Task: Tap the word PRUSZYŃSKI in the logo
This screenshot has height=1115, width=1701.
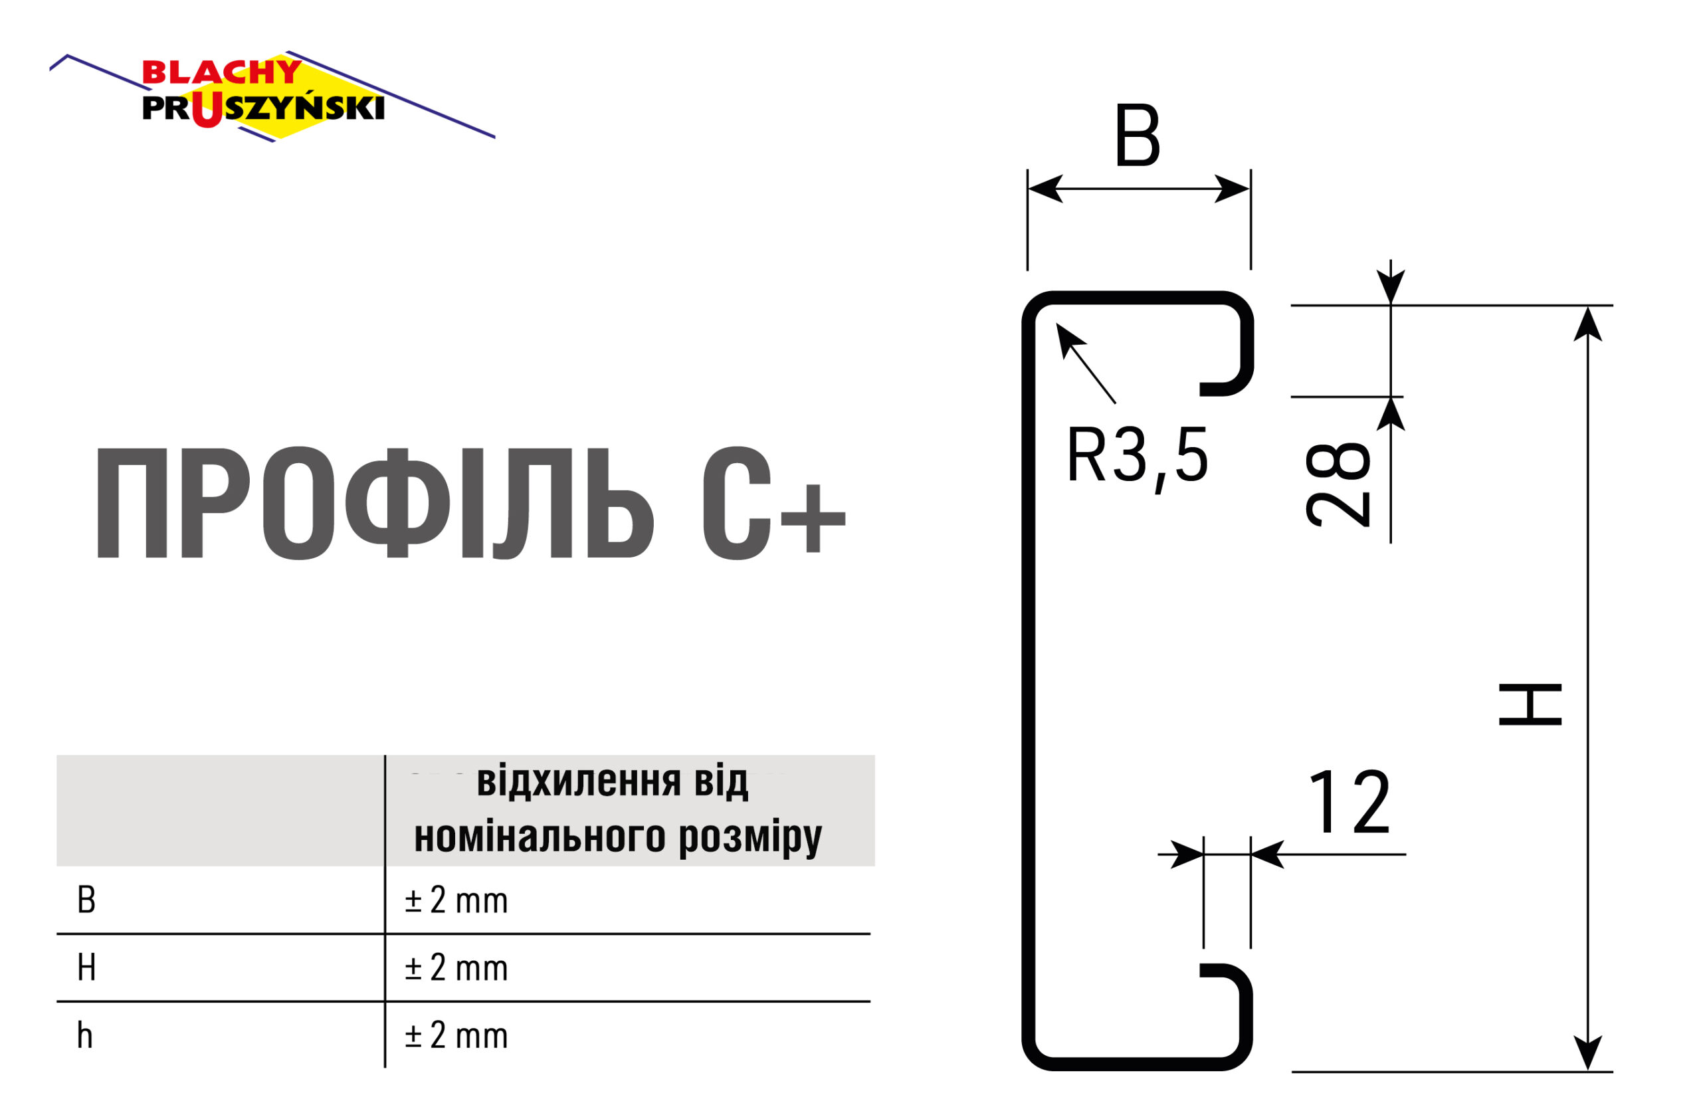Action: (x=263, y=108)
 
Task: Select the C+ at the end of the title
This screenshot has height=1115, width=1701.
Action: (x=772, y=504)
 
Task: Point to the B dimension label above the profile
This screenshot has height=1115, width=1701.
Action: (x=1137, y=136)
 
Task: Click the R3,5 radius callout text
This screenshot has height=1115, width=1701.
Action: (x=1136, y=455)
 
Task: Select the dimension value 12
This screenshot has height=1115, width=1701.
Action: (x=1350, y=803)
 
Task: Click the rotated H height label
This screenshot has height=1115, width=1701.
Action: (x=1530, y=705)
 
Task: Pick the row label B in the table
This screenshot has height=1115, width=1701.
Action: (x=86, y=900)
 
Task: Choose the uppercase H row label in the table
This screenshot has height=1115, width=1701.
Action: (x=86, y=967)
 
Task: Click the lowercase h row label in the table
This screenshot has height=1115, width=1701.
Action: (x=85, y=1036)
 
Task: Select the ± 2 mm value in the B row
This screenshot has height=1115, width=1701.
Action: (x=456, y=900)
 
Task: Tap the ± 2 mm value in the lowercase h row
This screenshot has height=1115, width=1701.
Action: (x=456, y=1036)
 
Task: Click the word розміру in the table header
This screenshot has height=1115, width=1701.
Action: (x=750, y=837)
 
